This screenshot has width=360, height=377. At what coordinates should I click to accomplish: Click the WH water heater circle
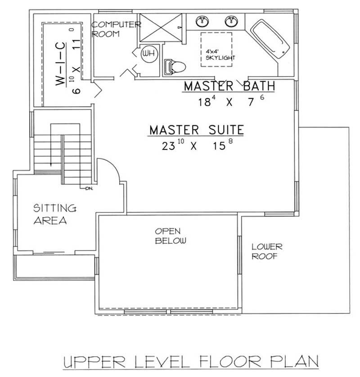pyautogui.click(x=147, y=55)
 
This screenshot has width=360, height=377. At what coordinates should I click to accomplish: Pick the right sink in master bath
pyautogui.click(x=232, y=21)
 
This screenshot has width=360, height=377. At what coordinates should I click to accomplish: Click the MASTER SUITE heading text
pyautogui.click(x=196, y=130)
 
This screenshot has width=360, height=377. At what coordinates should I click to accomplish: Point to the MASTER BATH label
pyautogui.click(x=229, y=86)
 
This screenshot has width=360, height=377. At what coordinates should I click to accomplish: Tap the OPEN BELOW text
pyautogui.click(x=171, y=236)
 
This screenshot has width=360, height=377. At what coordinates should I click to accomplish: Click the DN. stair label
pyautogui.click(x=88, y=188)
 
